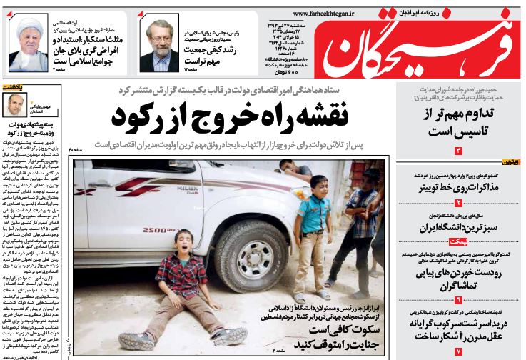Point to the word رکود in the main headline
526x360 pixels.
138,114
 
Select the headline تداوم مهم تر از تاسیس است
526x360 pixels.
460,123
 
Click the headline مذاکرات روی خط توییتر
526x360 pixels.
460,189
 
